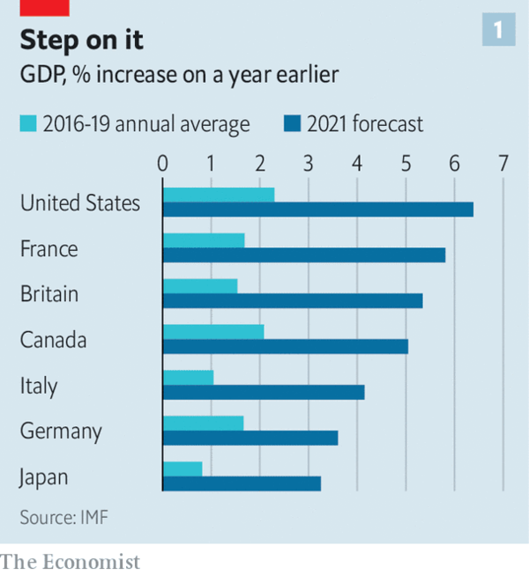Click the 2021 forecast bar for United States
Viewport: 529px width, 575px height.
tap(317, 210)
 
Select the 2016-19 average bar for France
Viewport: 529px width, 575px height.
tap(204, 240)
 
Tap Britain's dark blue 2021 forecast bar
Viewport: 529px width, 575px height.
tap(293, 301)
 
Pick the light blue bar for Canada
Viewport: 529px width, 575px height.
tap(213, 332)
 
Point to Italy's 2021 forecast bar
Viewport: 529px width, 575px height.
tap(264, 393)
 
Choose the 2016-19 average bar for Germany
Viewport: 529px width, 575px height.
tap(203, 424)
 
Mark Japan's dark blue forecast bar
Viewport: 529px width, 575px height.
tap(242, 483)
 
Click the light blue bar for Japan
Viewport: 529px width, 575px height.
tap(183, 469)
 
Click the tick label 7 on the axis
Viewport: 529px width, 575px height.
tap(503, 164)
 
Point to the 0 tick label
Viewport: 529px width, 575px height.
tap(163, 164)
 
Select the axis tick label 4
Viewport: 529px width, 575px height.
tap(357, 164)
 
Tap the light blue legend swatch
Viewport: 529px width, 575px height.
tap(27, 124)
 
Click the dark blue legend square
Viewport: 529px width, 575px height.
tap(293, 124)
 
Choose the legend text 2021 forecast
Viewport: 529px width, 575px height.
tap(365, 124)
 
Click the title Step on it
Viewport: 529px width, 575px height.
tap(82, 41)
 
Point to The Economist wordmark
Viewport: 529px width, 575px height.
tap(71, 561)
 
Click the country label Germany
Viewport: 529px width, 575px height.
tap(61, 431)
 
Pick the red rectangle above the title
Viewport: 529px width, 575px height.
tap(44, 7)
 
